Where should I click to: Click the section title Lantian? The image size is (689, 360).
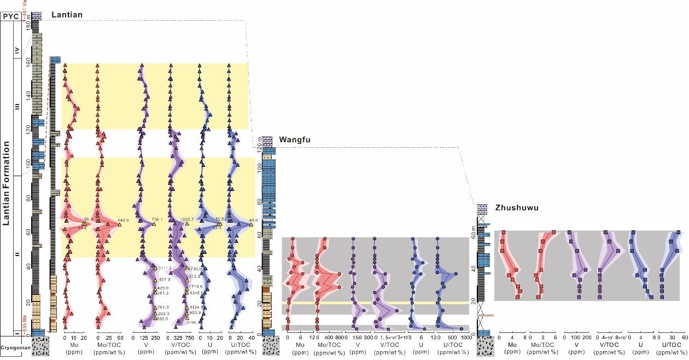pos(67,15)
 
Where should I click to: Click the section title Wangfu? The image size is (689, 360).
pos(295,140)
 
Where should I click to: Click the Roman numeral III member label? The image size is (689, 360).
pos(17,108)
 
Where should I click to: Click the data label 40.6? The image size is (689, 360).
pos(253,220)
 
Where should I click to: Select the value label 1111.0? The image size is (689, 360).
pos(165,268)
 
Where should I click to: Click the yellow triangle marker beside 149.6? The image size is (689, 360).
pos(119,224)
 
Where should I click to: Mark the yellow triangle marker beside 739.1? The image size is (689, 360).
pos(155,224)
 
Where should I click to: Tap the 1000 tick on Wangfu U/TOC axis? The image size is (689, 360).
pos(465,338)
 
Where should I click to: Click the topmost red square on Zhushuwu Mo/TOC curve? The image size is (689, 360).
pos(554,232)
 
